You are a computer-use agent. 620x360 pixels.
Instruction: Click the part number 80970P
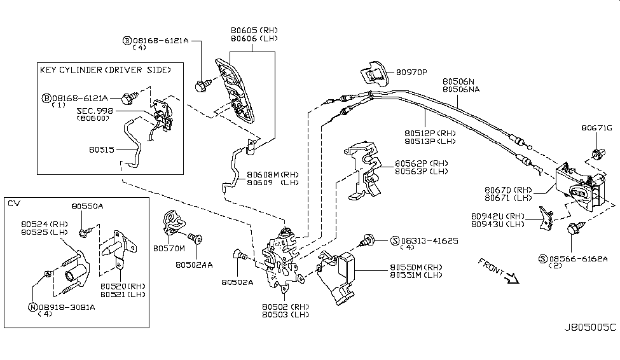411,72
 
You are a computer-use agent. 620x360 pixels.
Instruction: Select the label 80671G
595,128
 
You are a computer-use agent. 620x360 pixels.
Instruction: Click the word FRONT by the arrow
491,267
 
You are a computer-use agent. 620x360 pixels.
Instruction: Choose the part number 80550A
87,206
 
